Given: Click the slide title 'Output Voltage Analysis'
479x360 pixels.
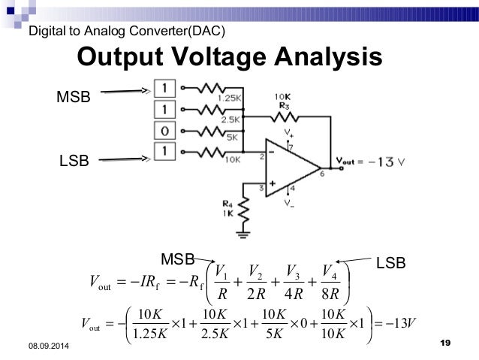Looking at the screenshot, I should point(230,58).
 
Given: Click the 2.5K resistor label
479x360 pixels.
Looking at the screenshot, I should point(230,119).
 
